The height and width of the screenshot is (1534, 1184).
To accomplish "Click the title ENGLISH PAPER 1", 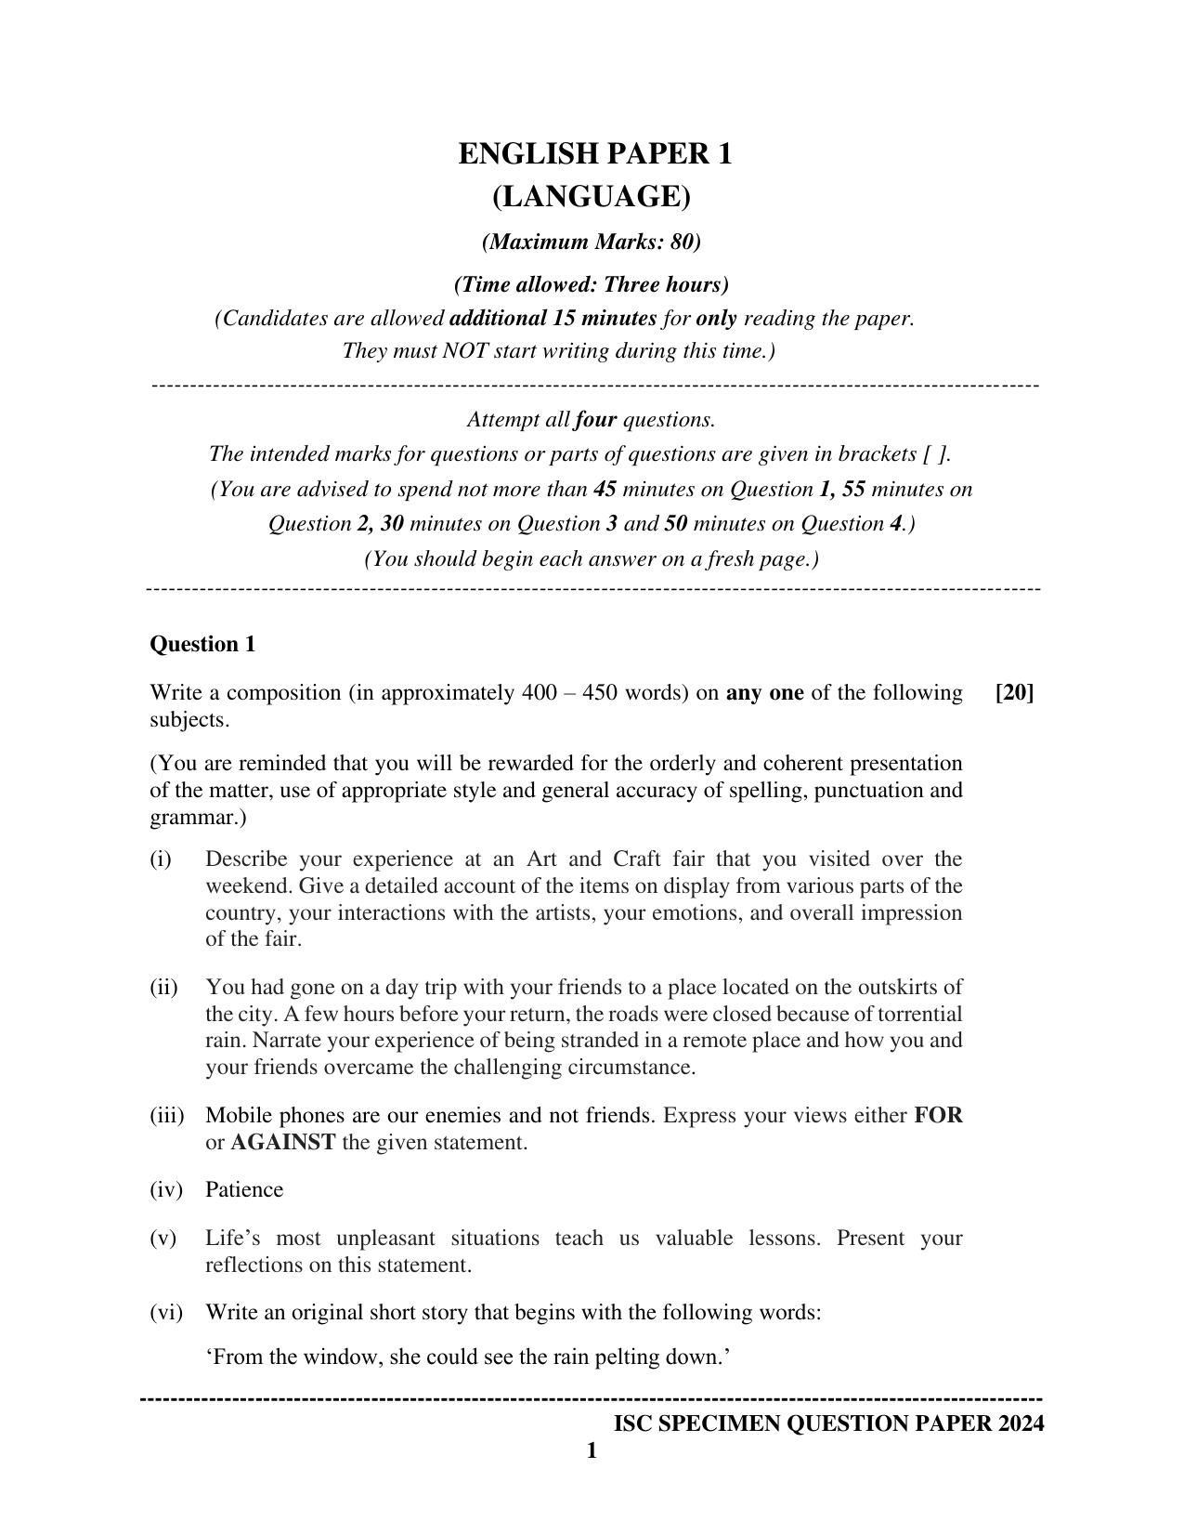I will [x=594, y=154].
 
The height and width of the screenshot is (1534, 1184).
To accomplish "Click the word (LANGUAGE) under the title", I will [x=592, y=197].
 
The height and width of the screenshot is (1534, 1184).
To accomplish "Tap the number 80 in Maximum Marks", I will [x=683, y=243].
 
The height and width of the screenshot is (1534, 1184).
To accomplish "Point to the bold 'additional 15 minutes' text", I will [x=553, y=319].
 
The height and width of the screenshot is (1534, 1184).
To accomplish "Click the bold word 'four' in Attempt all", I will [x=595, y=420].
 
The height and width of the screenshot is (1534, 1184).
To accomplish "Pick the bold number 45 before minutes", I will [x=605, y=490].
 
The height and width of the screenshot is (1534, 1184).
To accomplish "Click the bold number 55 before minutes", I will [x=853, y=490].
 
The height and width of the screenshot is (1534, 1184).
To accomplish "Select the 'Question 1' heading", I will [x=202, y=645].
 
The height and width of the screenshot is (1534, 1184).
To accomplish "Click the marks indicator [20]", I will [x=1014, y=693].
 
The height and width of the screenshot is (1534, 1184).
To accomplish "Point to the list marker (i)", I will [x=162, y=859].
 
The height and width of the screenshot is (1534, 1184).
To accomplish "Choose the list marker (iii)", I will [x=167, y=1116].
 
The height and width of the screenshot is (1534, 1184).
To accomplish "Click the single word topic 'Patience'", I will [x=244, y=1190].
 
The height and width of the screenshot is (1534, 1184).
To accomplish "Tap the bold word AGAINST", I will [x=282, y=1143].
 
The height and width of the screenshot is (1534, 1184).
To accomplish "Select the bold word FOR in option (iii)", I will [x=938, y=1116].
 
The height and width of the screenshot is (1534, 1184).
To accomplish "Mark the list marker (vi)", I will [x=167, y=1313].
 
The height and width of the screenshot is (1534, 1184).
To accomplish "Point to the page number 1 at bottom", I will [x=592, y=1451].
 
